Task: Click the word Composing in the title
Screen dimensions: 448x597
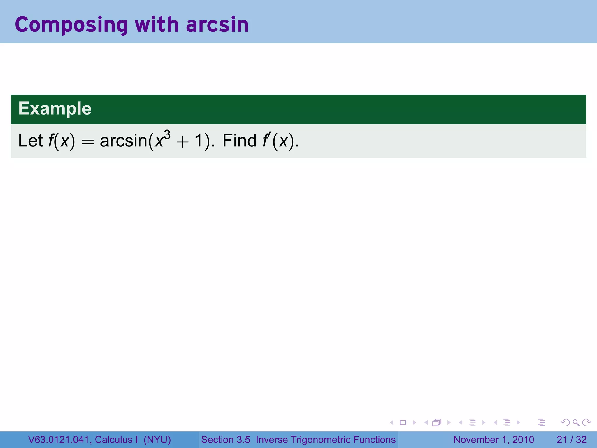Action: click(x=71, y=25)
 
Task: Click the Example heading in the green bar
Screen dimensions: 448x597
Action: click(x=55, y=108)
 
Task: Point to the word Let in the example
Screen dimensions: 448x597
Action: click(x=30, y=141)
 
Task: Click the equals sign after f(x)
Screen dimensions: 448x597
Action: click(x=87, y=142)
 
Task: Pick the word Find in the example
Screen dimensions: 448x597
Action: click(x=239, y=141)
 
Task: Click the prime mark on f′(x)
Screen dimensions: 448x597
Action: click(x=269, y=135)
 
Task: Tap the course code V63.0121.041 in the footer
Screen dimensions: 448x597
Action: click(x=59, y=440)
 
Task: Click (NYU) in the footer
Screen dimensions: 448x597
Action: click(x=157, y=440)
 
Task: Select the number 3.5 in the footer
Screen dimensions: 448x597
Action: click(x=243, y=440)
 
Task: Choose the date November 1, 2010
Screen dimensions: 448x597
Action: click(x=494, y=440)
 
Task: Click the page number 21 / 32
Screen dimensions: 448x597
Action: click(x=571, y=440)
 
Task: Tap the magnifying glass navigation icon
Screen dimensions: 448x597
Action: click(x=576, y=423)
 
